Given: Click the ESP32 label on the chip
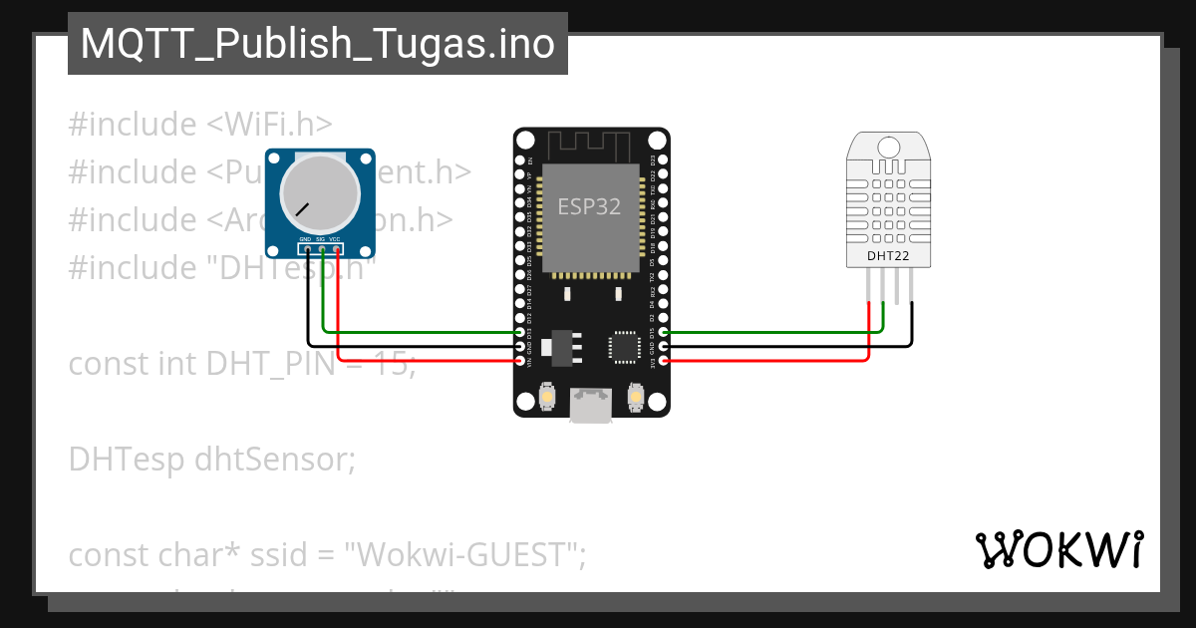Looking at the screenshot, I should tap(589, 206).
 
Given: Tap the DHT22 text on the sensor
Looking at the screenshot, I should tap(888, 255).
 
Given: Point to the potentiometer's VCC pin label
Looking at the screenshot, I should tap(336, 239).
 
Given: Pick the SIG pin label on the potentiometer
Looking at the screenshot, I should tap(321, 239).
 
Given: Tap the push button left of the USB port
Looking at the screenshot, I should tap(546, 399).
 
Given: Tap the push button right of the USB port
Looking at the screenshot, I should tap(636, 399).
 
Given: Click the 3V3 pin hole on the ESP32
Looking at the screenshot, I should tap(665, 361).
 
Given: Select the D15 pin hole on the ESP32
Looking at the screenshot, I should tap(665, 332).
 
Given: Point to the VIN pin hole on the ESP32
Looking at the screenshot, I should tap(519, 361).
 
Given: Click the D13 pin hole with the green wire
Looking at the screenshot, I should tap(519, 332).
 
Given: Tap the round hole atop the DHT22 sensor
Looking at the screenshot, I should tap(889, 149).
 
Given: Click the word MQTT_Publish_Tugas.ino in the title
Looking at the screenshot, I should tap(317, 44).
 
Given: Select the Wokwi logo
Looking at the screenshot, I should tap(1059, 549).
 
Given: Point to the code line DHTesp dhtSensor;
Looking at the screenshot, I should tap(211, 460).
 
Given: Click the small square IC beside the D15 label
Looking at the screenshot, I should tap(625, 346).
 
